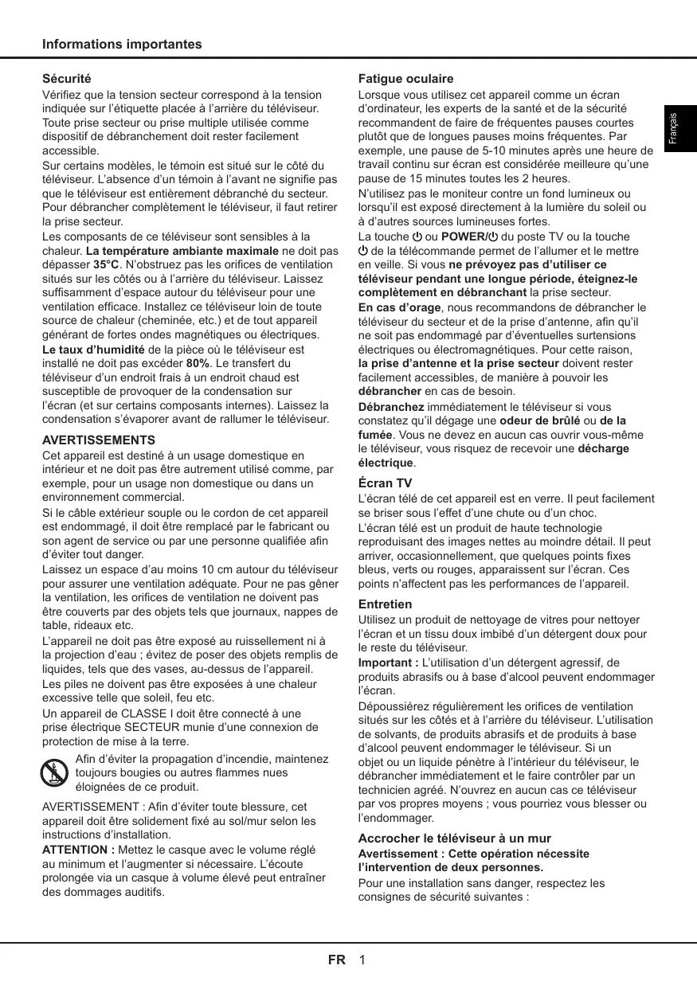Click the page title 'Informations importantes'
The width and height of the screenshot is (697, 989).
pyautogui.click(x=122, y=45)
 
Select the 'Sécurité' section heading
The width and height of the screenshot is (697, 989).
pyautogui.click(x=66, y=80)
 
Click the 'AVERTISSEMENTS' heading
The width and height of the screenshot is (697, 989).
pyautogui.click(x=98, y=440)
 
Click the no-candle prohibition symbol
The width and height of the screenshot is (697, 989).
pyautogui.click(x=53, y=772)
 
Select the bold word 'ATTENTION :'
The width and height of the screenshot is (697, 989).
pyautogui.click(x=77, y=850)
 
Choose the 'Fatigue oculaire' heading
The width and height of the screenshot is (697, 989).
pyautogui.click(x=405, y=80)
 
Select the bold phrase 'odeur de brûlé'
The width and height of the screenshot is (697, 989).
pyautogui.click(x=538, y=420)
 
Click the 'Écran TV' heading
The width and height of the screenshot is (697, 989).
pyautogui.click(x=385, y=483)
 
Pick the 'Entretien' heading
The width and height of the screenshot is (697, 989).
pyautogui.click(x=385, y=604)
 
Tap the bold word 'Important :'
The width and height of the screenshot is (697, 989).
pyautogui.click(x=388, y=663)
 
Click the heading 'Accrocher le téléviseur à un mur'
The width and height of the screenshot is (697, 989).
pyautogui.click(x=454, y=838)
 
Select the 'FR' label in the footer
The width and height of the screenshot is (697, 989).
pyautogui.click(x=336, y=960)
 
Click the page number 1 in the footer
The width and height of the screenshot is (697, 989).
pyautogui.click(x=362, y=960)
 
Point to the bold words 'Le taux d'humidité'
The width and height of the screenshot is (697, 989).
pyautogui.click(x=92, y=349)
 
